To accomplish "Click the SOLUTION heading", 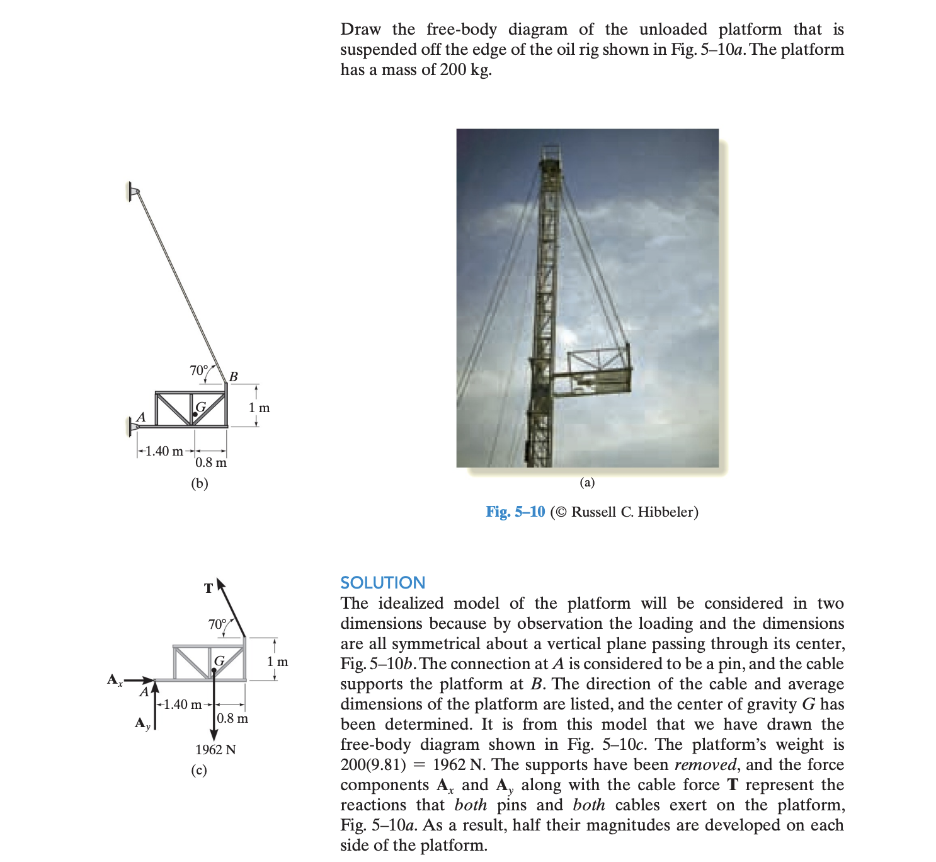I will click(382, 582).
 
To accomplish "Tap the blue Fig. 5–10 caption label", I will click(515, 512).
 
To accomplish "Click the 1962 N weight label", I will click(215, 749).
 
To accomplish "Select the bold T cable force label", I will click(208, 589).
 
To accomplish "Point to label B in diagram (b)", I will click(233, 377).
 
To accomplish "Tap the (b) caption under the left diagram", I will click(199, 483).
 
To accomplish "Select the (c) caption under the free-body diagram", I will click(199, 770).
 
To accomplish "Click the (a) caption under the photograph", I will click(587, 483).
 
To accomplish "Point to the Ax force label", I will click(115, 679).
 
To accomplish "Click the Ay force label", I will click(143, 723).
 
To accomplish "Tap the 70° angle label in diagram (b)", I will click(198, 371).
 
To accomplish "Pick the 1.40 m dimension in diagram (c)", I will click(183, 704).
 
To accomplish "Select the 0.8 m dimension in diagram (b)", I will click(211, 463).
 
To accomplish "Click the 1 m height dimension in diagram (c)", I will click(277, 662).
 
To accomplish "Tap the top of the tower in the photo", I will click(550, 154).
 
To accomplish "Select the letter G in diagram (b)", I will click(201, 406).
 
